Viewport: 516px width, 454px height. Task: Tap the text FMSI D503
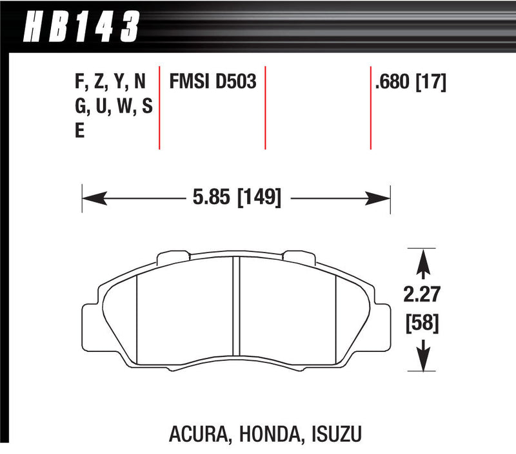coord(213,82)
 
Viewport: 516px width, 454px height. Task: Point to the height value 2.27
coord(423,294)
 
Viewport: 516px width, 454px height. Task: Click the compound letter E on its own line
coord(80,131)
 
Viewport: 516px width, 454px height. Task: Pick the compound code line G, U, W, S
coord(113,107)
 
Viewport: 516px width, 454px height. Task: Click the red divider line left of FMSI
coord(159,107)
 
